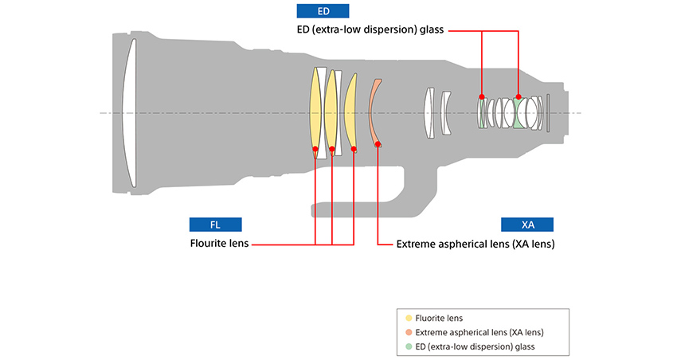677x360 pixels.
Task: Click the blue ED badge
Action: click(323, 10)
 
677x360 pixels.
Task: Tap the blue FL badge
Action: click(215, 224)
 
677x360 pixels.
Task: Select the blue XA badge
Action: click(527, 224)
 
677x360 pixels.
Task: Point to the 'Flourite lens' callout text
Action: click(219, 244)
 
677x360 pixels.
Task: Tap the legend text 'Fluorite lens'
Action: click(440, 318)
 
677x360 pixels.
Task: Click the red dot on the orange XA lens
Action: click(378, 144)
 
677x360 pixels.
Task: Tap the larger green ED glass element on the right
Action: click(519, 112)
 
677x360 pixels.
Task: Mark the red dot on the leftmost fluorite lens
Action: click(316, 149)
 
